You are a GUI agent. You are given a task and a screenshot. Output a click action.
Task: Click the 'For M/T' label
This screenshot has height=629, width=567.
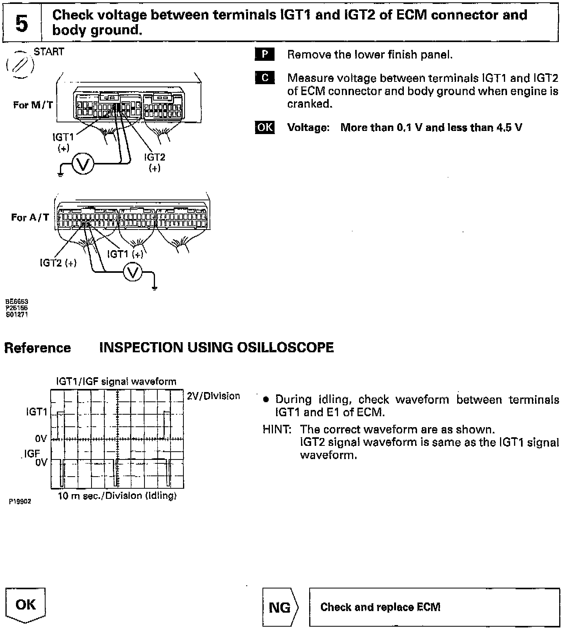[33, 105]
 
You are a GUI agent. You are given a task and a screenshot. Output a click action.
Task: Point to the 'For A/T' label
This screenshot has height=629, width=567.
[30, 217]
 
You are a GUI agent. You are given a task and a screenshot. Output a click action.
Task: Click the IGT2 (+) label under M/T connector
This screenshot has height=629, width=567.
[155, 162]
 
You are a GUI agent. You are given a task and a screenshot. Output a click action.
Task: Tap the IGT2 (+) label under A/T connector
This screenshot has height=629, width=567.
[58, 263]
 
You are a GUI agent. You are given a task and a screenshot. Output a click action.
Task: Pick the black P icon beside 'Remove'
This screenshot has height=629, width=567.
[265, 55]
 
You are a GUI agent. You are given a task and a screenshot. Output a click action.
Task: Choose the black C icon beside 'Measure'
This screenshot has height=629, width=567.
[265, 78]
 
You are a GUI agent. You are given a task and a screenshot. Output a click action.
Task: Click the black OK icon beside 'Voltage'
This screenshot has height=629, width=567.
[265, 127]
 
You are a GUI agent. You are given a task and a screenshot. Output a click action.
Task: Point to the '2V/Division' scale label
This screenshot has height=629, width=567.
[213, 396]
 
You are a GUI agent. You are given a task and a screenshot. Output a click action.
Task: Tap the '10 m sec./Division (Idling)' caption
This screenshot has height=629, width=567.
[117, 496]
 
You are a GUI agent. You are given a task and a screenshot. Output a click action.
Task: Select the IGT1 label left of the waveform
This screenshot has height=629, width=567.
[37, 412]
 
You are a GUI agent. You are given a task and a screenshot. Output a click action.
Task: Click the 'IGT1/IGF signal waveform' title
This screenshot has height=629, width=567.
[116, 381]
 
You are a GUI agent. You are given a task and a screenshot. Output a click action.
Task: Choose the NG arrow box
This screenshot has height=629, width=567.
[281, 607]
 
